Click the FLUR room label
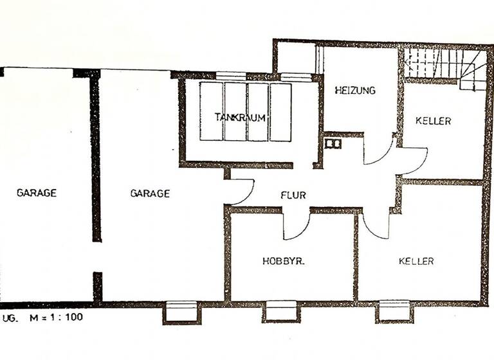click(293, 195)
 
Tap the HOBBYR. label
click(284, 261)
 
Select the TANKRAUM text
click(241, 118)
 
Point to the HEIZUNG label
click(354, 91)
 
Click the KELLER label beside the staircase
click(433, 121)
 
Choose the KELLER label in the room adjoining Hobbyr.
click(416, 261)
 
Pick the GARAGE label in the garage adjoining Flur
click(150, 193)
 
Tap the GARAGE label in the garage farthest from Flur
click(37, 192)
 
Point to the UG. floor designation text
click(11, 317)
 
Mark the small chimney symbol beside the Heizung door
click(333, 144)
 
